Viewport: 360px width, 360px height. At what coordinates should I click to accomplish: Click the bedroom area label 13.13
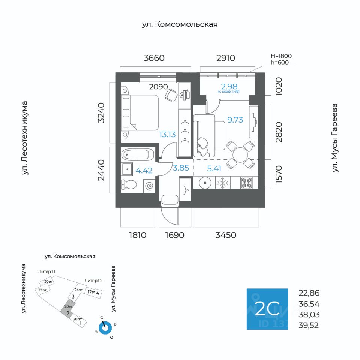(x=167, y=135)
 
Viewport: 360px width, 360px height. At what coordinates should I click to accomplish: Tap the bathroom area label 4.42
(x=144, y=171)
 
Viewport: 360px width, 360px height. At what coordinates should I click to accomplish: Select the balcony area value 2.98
(x=229, y=87)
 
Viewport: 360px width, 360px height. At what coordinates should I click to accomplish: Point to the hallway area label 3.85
(x=181, y=168)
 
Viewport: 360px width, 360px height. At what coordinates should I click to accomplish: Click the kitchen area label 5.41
(x=214, y=169)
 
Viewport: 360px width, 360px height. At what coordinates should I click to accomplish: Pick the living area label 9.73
(x=235, y=120)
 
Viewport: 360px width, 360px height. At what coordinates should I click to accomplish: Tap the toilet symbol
(x=129, y=184)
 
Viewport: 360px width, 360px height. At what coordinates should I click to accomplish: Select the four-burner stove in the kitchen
(x=247, y=183)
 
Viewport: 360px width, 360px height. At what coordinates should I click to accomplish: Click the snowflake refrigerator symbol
(x=223, y=183)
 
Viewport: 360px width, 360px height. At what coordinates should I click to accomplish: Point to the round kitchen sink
(x=205, y=183)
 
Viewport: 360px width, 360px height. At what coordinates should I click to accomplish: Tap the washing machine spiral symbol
(x=149, y=186)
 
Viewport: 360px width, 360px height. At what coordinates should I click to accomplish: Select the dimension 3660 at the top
(x=154, y=58)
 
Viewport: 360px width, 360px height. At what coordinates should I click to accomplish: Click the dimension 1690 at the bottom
(x=175, y=235)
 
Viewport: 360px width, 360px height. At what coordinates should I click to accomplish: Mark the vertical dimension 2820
(x=279, y=132)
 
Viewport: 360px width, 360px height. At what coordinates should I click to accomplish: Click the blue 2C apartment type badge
(x=267, y=309)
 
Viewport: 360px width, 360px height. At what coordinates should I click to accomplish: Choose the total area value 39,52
(x=309, y=325)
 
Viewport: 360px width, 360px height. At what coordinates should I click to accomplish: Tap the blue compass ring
(x=105, y=328)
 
